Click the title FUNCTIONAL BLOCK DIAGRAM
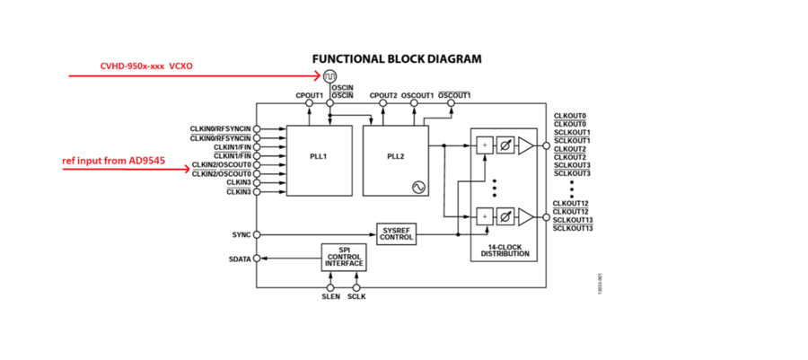(x=397, y=59)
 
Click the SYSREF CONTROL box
(x=397, y=233)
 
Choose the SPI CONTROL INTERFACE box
(x=344, y=258)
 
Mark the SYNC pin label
(x=241, y=234)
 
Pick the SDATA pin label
(x=238, y=259)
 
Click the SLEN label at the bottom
(x=330, y=296)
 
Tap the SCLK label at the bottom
(x=356, y=296)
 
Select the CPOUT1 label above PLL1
(x=309, y=94)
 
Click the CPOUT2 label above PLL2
(x=383, y=94)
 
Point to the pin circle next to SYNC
(x=257, y=234)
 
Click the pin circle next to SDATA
(x=257, y=259)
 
